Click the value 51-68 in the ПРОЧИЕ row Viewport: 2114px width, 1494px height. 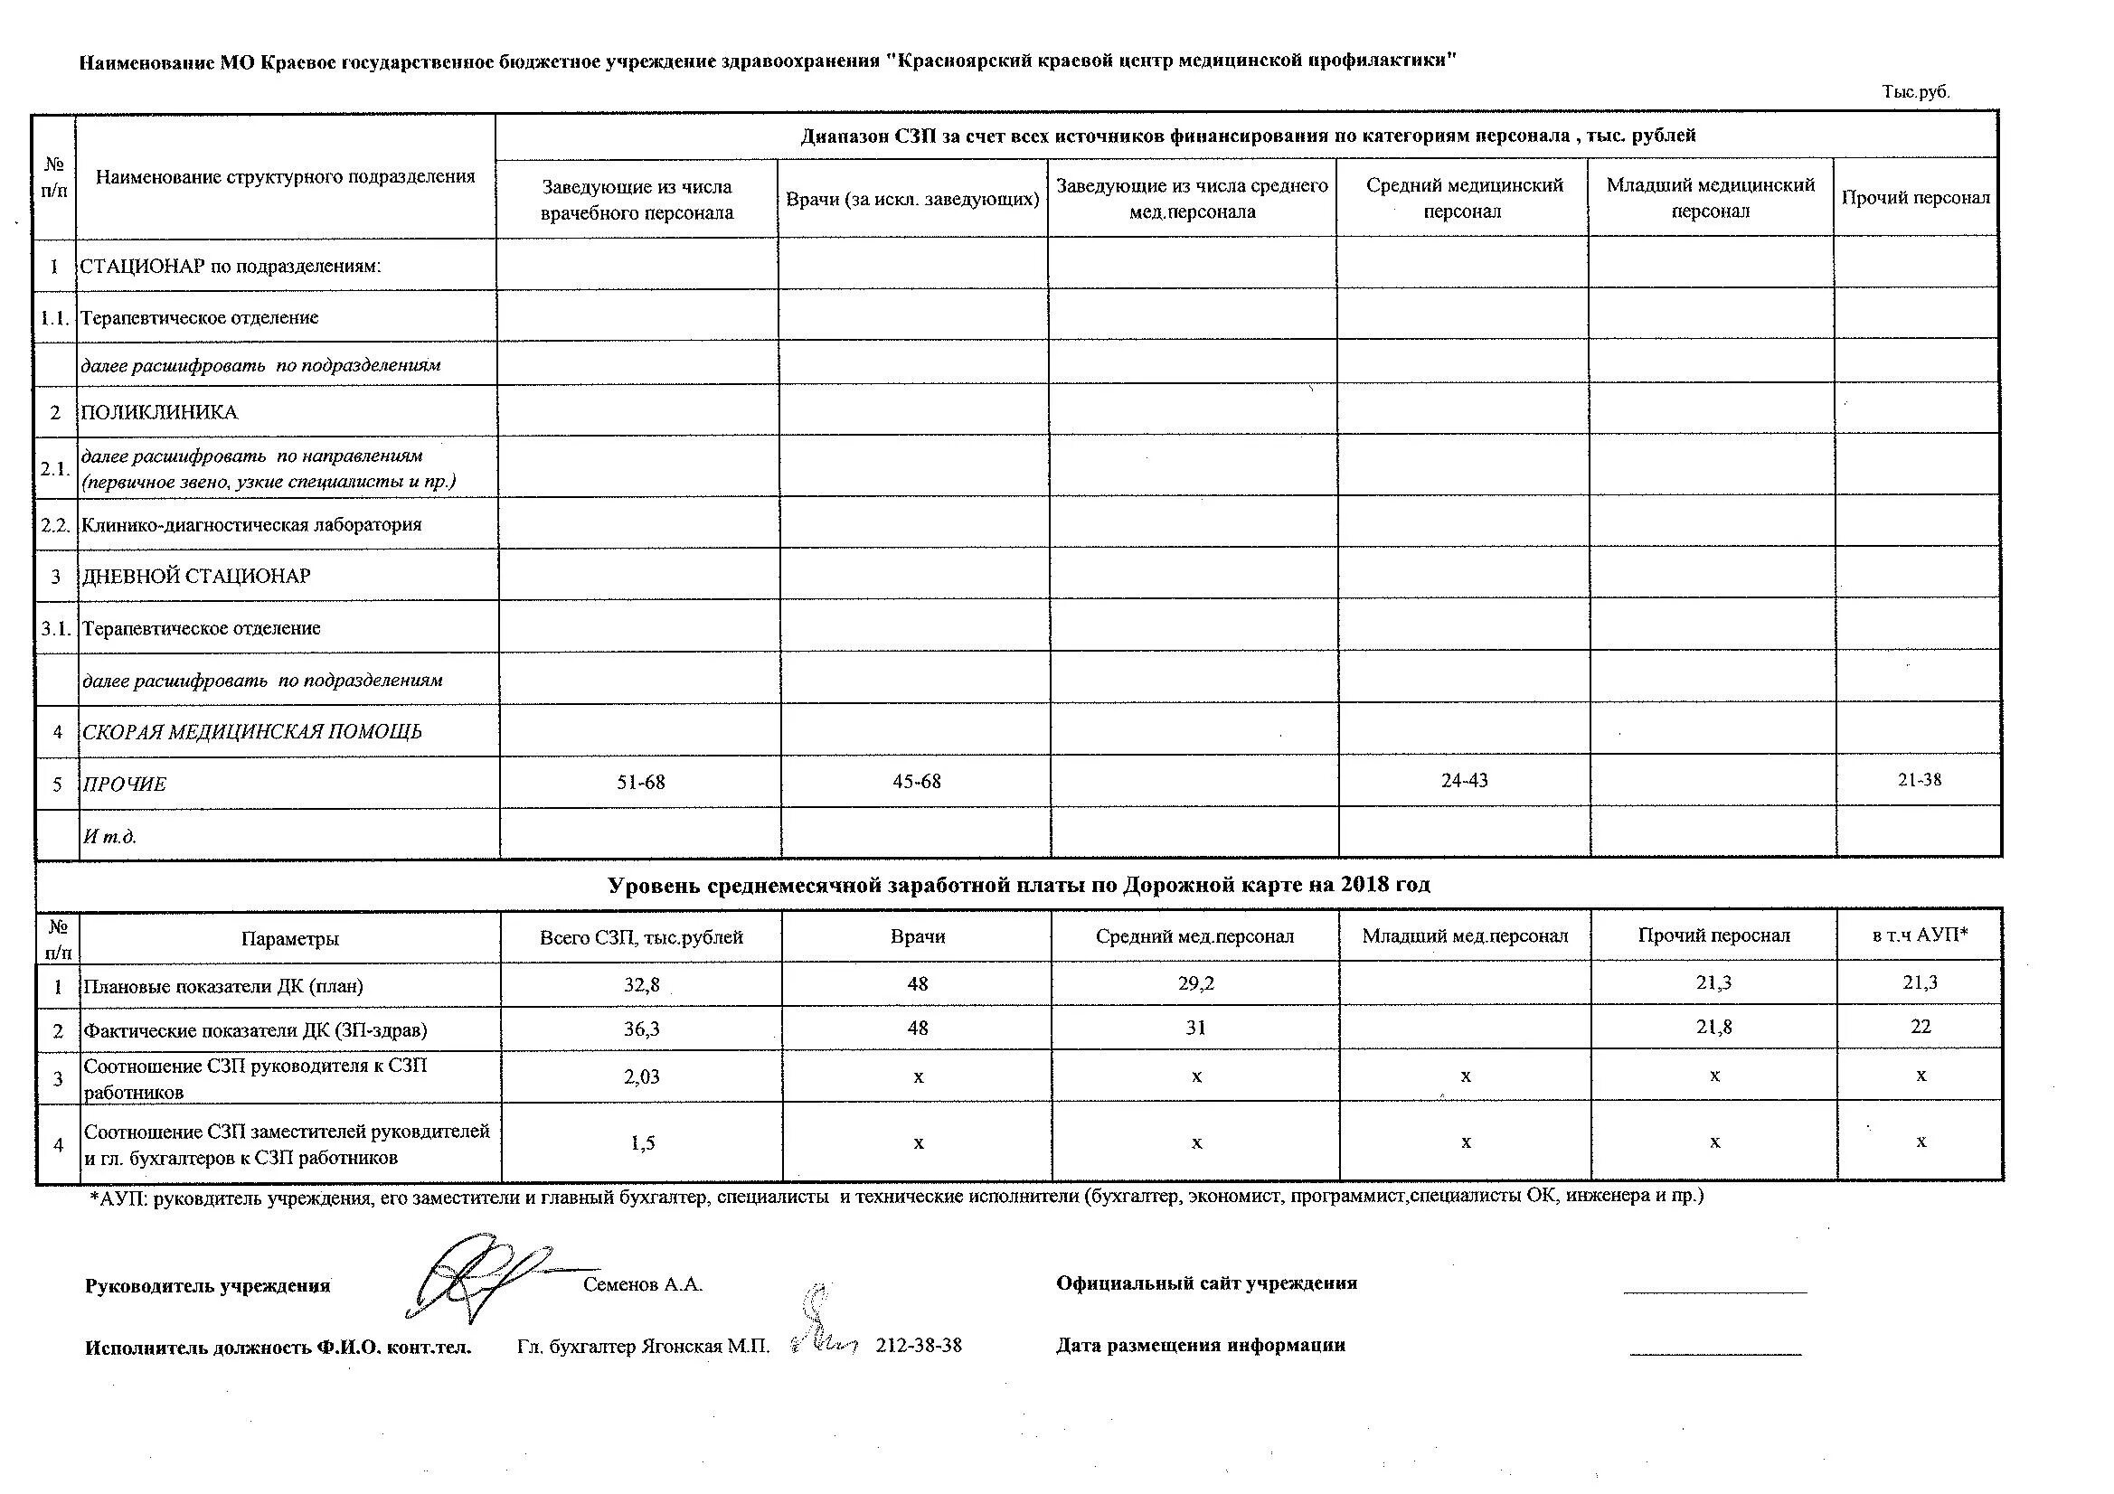click(641, 783)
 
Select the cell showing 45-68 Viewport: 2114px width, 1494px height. click(916, 782)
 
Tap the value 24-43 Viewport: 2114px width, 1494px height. click(1464, 781)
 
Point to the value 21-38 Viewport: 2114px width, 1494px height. click(1919, 780)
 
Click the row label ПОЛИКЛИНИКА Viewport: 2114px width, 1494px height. click(159, 412)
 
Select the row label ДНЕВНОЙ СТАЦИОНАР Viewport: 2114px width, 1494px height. click(196, 577)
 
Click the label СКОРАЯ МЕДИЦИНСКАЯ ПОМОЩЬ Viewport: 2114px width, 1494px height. click(251, 732)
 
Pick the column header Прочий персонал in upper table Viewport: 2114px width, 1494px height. click(1915, 198)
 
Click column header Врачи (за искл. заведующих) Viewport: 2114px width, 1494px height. click(912, 200)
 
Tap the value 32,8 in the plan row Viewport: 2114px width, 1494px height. click(642, 985)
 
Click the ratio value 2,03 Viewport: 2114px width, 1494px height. click(642, 1076)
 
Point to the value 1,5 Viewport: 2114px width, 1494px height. click(643, 1143)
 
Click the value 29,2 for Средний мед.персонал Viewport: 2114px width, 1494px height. click(1195, 984)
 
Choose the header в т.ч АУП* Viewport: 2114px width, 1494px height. click(1920, 936)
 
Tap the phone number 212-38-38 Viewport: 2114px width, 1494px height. click(918, 1346)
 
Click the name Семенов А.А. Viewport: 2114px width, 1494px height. click(643, 1285)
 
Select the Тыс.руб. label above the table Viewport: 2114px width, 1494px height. click(1916, 92)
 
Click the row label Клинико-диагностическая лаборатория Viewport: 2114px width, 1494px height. click(251, 525)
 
